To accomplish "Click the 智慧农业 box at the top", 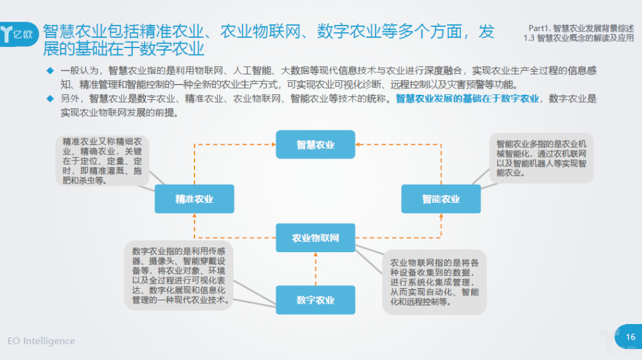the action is point(315,144).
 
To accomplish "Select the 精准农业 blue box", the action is point(195,199).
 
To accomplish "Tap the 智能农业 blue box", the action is point(441,199).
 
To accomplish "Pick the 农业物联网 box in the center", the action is point(315,237).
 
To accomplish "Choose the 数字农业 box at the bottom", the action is point(315,300).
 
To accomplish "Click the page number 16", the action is point(630,337).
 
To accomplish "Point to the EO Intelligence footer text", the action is point(41,341).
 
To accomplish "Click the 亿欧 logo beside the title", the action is point(18,35).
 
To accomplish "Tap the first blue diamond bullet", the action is point(50,71).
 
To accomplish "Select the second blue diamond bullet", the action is point(50,99).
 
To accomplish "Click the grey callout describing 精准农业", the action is point(102,161).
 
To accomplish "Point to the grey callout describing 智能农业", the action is point(541,158).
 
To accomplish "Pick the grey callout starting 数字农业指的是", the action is point(178,276).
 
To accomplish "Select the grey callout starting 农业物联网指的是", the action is point(435,282).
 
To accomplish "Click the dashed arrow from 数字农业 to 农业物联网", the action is point(316,269).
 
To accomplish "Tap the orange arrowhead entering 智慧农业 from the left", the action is point(273,144).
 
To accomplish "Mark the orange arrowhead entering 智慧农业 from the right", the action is point(358,144).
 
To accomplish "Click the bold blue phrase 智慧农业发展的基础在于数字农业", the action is point(467,99).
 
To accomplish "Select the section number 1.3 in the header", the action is point(529,38).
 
